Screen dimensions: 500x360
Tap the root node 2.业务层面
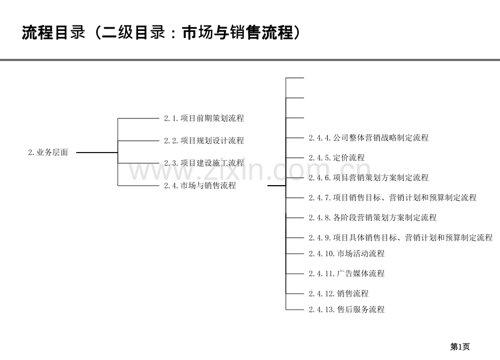click(48, 152)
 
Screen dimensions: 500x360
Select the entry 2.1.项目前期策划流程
click(204, 118)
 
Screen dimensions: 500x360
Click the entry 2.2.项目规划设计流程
click(204, 141)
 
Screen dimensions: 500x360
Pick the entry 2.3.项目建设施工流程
click(204, 163)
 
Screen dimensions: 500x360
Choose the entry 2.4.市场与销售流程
click(200, 185)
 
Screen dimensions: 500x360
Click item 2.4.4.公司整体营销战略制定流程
click(368, 137)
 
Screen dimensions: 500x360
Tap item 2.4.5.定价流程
click(336, 157)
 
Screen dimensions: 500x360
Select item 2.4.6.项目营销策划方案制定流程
click(368, 178)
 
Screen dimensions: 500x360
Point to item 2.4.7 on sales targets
click(392, 198)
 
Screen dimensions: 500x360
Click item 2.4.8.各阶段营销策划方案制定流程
click(372, 218)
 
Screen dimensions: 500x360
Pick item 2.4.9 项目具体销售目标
click(401, 238)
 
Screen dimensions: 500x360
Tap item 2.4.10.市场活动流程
click(347, 254)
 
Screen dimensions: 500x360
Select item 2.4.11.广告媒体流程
click(347, 273)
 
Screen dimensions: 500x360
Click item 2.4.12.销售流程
click(339, 293)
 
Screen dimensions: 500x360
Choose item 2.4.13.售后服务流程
click(347, 310)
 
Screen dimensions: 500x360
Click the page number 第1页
click(460, 346)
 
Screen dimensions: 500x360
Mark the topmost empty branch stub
click(295, 78)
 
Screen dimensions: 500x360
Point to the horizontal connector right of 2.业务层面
click(97, 153)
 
